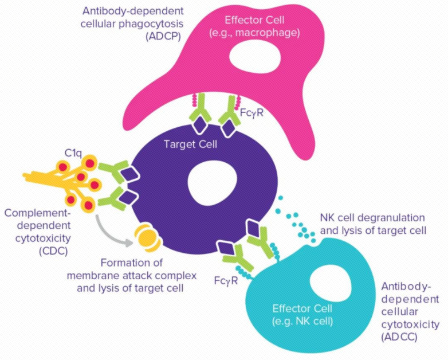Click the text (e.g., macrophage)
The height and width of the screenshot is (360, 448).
pyautogui.click(x=265, y=33)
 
